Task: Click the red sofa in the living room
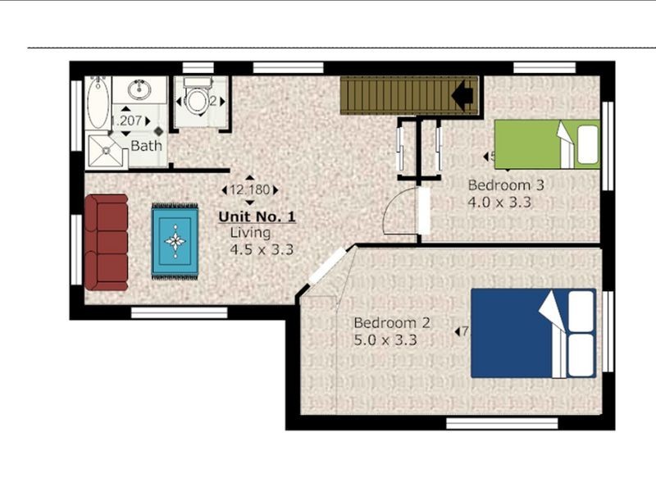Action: point(106,242)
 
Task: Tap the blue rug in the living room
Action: point(175,241)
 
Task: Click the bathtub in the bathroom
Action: point(98,103)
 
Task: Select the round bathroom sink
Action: point(139,88)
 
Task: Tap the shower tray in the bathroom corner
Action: point(107,151)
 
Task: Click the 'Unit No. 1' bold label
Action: point(256,217)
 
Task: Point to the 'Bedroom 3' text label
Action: point(505,184)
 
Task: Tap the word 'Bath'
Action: point(147,146)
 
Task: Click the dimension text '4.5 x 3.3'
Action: point(262,249)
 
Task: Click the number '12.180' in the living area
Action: point(249,189)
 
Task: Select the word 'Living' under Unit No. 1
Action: point(249,233)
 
